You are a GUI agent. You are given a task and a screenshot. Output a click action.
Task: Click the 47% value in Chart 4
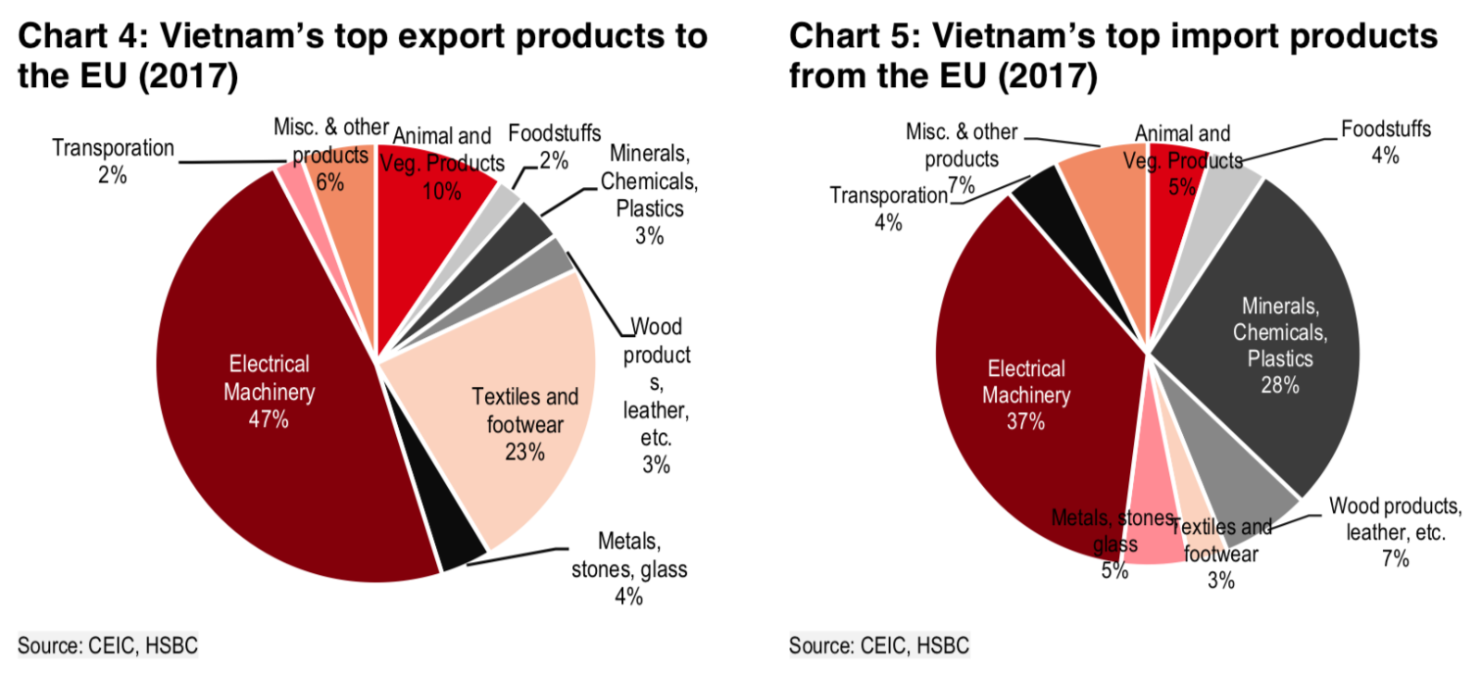point(268,419)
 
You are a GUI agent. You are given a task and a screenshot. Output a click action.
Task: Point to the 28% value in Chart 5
point(1280,385)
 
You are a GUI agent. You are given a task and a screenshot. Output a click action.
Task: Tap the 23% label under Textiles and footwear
point(525,452)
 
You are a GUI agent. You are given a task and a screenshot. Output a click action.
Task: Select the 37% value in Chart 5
point(1026,421)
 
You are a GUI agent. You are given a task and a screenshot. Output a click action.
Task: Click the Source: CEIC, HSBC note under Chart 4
point(107,645)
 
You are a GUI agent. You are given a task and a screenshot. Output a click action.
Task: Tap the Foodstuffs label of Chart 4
point(554,133)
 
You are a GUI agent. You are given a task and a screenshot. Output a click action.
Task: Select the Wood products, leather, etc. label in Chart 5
point(1395,519)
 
